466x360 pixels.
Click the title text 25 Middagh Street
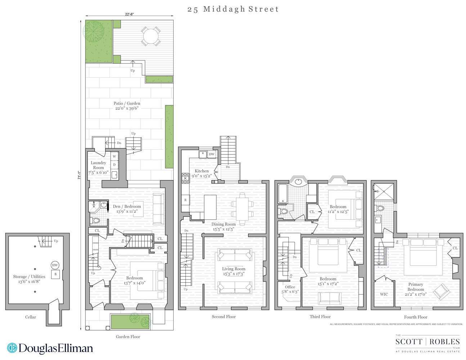click(x=233, y=9)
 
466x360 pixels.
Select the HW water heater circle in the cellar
click(x=55, y=265)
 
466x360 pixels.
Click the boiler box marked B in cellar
click(x=55, y=274)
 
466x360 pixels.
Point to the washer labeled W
click(x=115, y=157)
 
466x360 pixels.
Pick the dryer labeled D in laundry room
click(x=115, y=165)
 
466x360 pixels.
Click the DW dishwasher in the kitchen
click(x=211, y=154)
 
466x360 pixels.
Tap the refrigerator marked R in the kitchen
click(x=185, y=200)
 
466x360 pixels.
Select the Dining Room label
click(x=223, y=224)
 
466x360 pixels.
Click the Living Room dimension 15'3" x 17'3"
click(x=233, y=274)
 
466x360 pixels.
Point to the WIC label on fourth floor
click(x=384, y=294)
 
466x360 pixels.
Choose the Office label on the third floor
click(x=290, y=287)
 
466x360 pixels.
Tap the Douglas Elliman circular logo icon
click(x=12, y=348)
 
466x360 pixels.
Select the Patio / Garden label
click(x=127, y=103)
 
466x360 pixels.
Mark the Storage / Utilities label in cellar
click(x=29, y=276)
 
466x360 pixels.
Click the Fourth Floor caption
click(x=416, y=317)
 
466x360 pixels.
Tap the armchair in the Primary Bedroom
click(x=441, y=292)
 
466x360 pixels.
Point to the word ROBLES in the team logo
click(x=444, y=342)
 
